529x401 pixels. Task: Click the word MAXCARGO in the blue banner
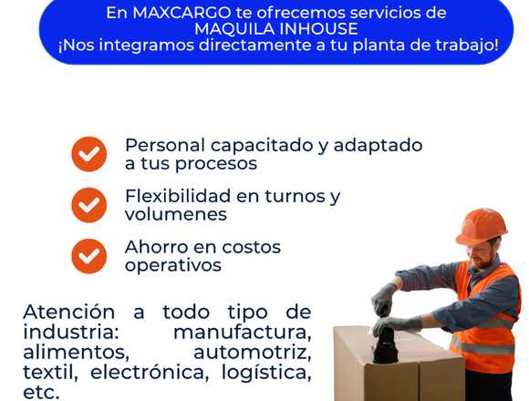(182, 13)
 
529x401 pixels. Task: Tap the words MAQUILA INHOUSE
(276, 29)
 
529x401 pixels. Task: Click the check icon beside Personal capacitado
(89, 154)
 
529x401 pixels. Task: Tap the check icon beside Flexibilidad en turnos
(89, 205)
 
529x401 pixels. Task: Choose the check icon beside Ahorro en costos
(89, 256)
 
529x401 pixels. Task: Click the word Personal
(165, 145)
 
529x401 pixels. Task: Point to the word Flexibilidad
(178, 196)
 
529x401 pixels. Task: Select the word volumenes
(176, 215)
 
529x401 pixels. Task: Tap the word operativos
(173, 265)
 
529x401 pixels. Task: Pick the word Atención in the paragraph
(68, 312)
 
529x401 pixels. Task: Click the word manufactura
(243, 333)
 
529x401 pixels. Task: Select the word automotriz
(253, 353)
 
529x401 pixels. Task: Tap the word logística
(266, 373)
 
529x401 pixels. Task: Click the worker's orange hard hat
(482, 226)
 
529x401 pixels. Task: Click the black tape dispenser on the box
(386, 343)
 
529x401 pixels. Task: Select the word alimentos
(77, 353)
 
